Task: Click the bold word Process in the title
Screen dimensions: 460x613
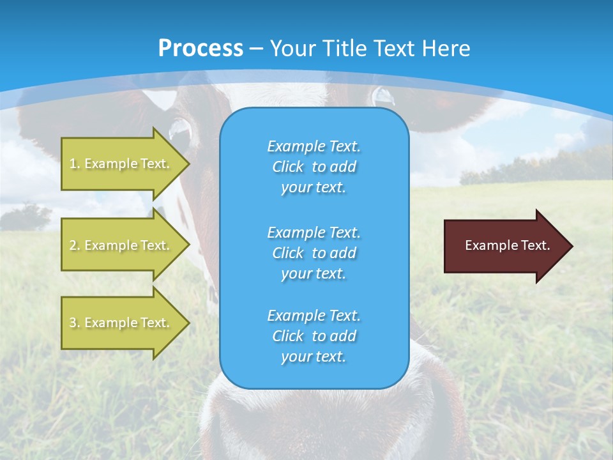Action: pyautogui.click(x=201, y=49)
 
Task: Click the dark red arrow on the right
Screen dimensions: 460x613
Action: pyautogui.click(x=504, y=246)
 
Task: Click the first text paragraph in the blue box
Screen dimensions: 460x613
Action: pyautogui.click(x=314, y=167)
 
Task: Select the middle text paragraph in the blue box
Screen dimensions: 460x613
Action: pyautogui.click(x=314, y=252)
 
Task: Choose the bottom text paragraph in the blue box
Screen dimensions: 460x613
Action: pyautogui.click(x=314, y=336)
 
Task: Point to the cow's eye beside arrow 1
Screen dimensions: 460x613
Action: pyautogui.click(x=179, y=128)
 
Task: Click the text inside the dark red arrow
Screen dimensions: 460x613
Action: pyautogui.click(x=507, y=245)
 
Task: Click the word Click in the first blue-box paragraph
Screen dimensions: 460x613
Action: pyautogui.click(x=287, y=167)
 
